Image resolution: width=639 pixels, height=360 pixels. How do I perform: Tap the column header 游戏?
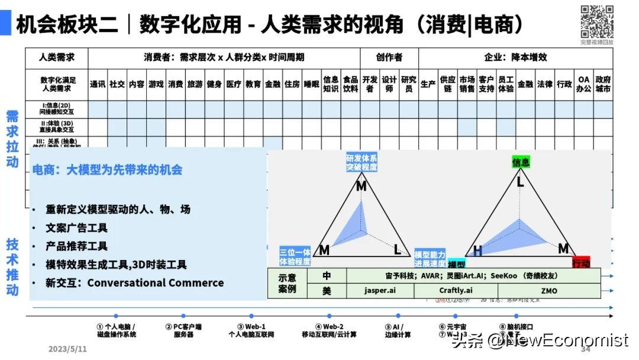(x=156, y=84)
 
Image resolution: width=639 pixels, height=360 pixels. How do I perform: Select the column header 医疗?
(x=234, y=84)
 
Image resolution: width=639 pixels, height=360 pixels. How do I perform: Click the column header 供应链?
(x=447, y=84)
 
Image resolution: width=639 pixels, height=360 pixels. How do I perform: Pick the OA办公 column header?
(x=584, y=84)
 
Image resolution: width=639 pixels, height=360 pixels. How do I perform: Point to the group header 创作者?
(x=389, y=57)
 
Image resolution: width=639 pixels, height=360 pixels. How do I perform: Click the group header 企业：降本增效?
(x=515, y=57)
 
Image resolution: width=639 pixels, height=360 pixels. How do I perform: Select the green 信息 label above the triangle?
(x=521, y=162)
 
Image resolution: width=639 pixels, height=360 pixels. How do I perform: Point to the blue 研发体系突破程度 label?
(x=362, y=162)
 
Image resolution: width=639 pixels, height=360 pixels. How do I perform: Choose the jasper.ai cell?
(x=380, y=290)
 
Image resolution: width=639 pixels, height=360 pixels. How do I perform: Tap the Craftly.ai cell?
(x=456, y=290)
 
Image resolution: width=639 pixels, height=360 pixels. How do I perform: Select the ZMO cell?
(x=549, y=290)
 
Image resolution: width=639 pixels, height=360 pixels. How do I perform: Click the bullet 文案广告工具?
(x=77, y=228)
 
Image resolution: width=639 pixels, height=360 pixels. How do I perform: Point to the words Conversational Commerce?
(x=156, y=282)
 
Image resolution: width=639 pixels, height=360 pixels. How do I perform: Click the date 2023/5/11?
(x=67, y=349)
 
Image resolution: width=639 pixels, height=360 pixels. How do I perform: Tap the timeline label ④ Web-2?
(x=330, y=326)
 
